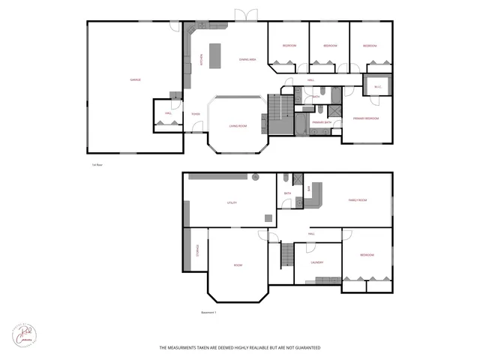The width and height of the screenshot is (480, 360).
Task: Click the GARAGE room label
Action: pos(136,79)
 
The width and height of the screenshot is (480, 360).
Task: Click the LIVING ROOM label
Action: pos(238,126)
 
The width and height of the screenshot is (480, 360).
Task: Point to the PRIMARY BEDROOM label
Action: pos(366,118)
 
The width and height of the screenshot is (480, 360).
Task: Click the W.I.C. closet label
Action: pos(377,87)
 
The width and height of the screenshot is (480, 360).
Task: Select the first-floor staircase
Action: pos(280,116)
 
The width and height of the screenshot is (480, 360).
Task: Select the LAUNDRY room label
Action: pos(316,262)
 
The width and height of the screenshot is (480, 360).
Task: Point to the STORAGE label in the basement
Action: pos(197,252)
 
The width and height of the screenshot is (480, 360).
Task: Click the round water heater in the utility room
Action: pos(255,178)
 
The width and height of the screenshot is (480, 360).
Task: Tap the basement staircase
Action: pos(286,256)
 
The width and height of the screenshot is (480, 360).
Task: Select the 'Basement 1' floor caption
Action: pos(209,312)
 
